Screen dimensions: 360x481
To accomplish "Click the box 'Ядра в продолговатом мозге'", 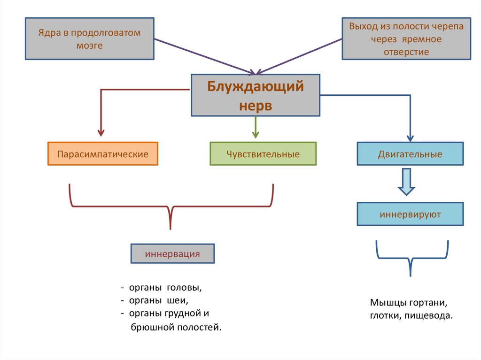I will (89, 38).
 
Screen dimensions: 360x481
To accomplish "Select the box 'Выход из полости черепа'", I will (406, 38).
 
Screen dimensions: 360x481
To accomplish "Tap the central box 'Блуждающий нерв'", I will (256, 95).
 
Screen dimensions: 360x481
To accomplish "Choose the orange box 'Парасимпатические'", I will (103, 154).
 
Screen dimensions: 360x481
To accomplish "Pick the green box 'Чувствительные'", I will (263, 154).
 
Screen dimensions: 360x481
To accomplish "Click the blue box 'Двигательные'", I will (410, 154).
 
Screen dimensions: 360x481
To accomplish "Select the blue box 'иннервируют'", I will (410, 214).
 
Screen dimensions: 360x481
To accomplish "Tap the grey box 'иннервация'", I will (172, 254).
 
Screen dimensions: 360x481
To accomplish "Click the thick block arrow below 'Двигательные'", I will (406, 183).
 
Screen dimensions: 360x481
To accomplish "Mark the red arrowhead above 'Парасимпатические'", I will (101, 133).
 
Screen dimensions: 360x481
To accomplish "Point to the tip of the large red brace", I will (170, 227).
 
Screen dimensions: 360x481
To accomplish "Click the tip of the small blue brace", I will (411, 274).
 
